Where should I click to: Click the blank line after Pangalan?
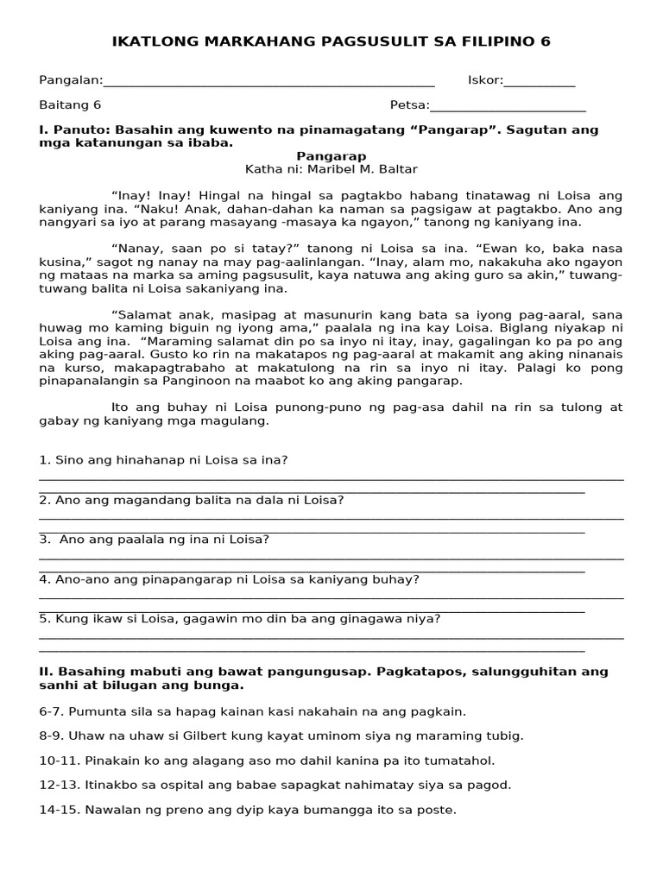tap(268, 85)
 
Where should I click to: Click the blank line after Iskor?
tap(540, 85)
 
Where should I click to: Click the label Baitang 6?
tap(70, 105)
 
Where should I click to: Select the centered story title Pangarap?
tap(331, 156)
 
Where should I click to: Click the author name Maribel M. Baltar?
tap(353, 169)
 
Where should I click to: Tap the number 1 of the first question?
tap(43, 460)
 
